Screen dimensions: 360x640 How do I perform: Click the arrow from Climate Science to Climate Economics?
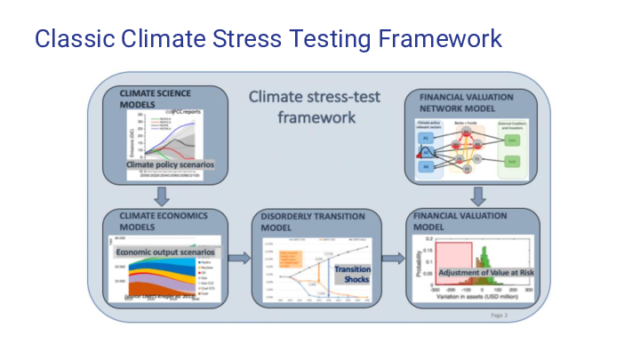162,195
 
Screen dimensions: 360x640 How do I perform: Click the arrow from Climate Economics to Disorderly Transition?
238,259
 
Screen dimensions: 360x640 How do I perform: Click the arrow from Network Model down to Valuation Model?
477,195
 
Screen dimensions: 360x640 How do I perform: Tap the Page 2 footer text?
500,315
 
